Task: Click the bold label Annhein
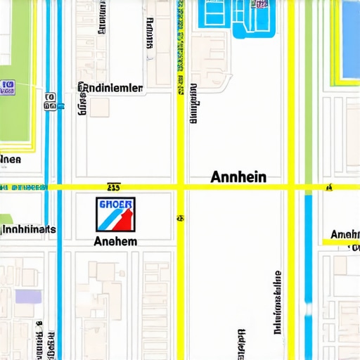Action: pyautogui.click(x=238, y=176)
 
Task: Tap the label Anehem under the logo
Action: pyautogui.click(x=115, y=240)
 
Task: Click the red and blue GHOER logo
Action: pyautogui.click(x=115, y=214)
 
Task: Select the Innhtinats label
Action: pyautogui.click(x=28, y=229)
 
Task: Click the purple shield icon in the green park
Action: pyautogui.click(x=8, y=86)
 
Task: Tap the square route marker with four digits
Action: pyautogui.click(x=50, y=101)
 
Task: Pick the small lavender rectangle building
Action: pyautogui.click(x=28, y=296)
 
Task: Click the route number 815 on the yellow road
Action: pyautogui.click(x=112, y=188)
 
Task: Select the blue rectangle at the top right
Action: pyautogui.click(x=349, y=39)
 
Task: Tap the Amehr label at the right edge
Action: pyautogui.click(x=345, y=234)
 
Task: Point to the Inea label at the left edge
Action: pyautogui.click(x=11, y=160)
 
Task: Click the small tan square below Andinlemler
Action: pyautogui.click(x=98, y=107)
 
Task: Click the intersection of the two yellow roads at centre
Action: pyautogui.click(x=181, y=187)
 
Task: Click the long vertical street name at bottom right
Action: pyautogui.click(x=277, y=301)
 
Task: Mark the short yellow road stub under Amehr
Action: pyautogui.click(x=341, y=242)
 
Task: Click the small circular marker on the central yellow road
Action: pyautogui.click(x=181, y=219)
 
